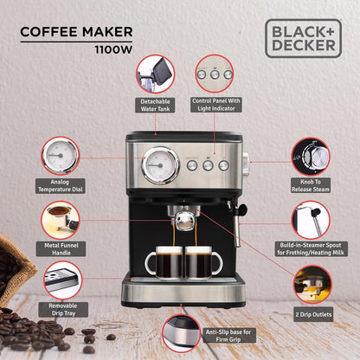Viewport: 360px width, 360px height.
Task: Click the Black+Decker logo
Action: click(x=303, y=38)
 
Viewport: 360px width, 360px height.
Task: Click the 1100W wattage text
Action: click(x=113, y=49)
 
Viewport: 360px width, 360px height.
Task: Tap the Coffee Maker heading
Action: click(x=76, y=32)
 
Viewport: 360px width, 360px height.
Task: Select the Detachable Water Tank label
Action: click(x=155, y=105)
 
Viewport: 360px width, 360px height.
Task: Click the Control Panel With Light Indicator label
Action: click(x=216, y=105)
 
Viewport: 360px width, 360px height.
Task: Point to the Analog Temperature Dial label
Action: click(x=61, y=186)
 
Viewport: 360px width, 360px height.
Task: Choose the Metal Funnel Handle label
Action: click(x=61, y=249)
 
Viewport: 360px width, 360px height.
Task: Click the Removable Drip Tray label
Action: click(x=63, y=310)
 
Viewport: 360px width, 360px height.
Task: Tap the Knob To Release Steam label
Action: click(x=311, y=185)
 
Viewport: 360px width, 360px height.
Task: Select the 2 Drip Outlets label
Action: click(x=313, y=314)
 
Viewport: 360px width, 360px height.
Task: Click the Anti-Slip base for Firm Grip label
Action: click(x=228, y=336)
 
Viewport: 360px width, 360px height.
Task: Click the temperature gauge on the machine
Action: click(x=161, y=165)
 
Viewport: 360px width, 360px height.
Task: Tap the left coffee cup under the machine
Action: click(x=164, y=262)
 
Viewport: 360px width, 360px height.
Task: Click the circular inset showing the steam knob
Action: click(x=311, y=157)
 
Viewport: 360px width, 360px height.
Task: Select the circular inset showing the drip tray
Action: click(x=63, y=280)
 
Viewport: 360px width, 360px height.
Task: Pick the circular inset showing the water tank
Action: click(x=155, y=74)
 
